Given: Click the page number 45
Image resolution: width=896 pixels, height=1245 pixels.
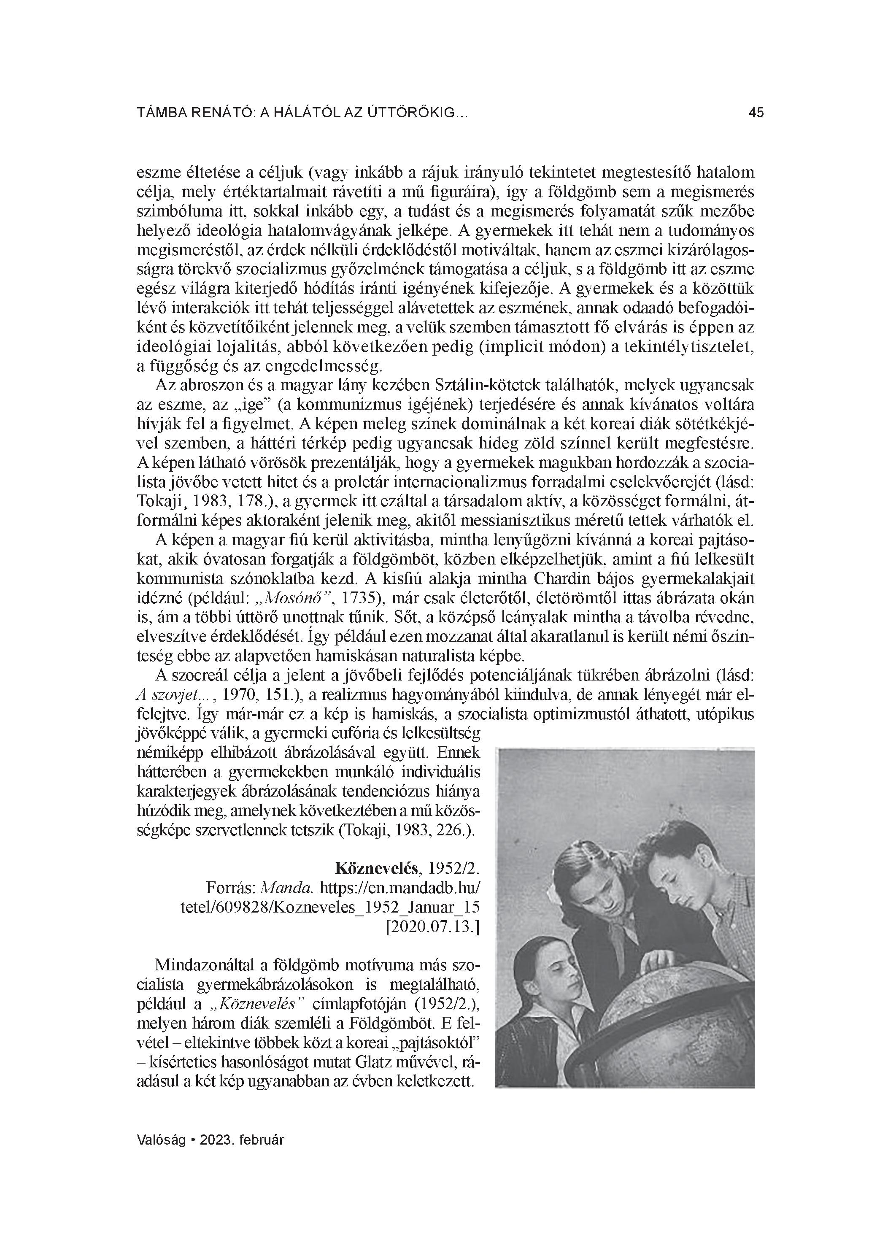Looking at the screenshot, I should (756, 113).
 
